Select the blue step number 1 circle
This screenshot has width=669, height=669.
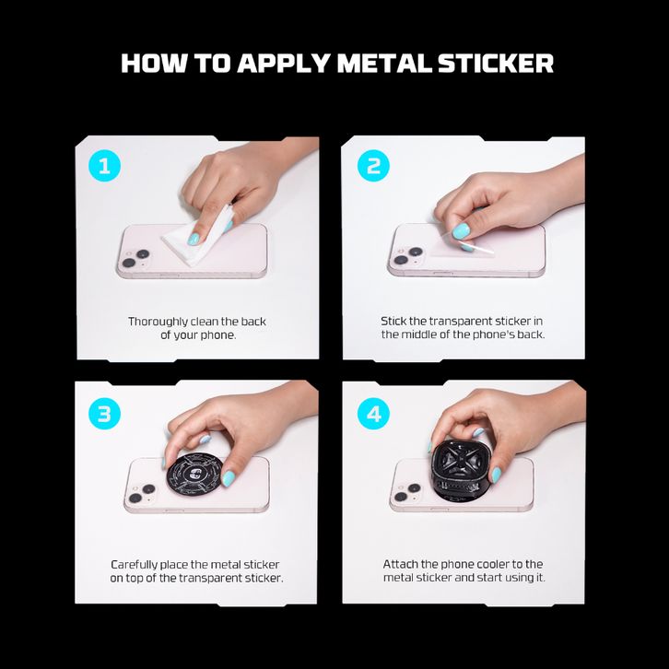104,166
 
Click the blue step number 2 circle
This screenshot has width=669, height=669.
373,166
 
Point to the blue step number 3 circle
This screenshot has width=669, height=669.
104,414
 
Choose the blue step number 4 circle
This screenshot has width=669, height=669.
373,414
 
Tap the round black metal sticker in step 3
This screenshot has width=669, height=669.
195,475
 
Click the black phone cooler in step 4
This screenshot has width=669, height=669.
463,468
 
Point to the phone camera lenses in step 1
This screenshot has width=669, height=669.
135,258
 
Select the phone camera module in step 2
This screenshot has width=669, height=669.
408,255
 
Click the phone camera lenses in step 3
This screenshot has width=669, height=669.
142,493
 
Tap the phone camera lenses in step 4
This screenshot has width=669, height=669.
407,492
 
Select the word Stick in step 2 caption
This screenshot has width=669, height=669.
393,321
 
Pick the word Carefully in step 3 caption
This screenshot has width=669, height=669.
134,565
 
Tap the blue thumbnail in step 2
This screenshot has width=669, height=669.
461,231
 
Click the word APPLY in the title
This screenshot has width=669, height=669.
283,64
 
